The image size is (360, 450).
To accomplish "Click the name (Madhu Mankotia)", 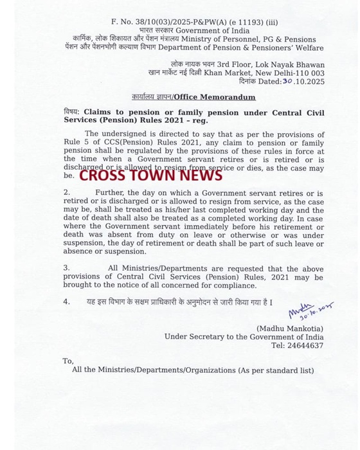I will (289, 328).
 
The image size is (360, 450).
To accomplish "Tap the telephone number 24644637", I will (307, 345).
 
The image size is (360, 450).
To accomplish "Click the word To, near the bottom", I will (68, 361).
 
